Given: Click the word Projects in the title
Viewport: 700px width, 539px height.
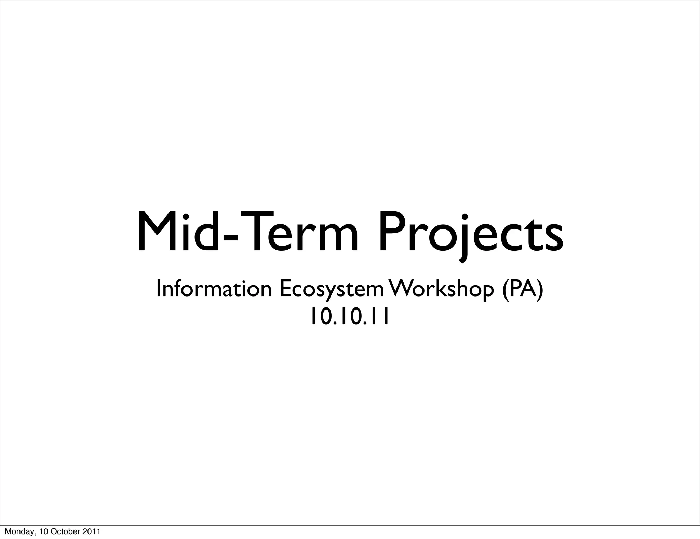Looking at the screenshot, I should point(470,233).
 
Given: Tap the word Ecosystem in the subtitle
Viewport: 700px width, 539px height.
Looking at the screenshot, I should point(332,289).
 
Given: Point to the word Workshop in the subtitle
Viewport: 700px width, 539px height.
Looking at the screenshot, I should point(442,289).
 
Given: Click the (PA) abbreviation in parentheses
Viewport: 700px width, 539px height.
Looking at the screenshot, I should point(522,289).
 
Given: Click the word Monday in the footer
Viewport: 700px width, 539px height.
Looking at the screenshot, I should point(16,531).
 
